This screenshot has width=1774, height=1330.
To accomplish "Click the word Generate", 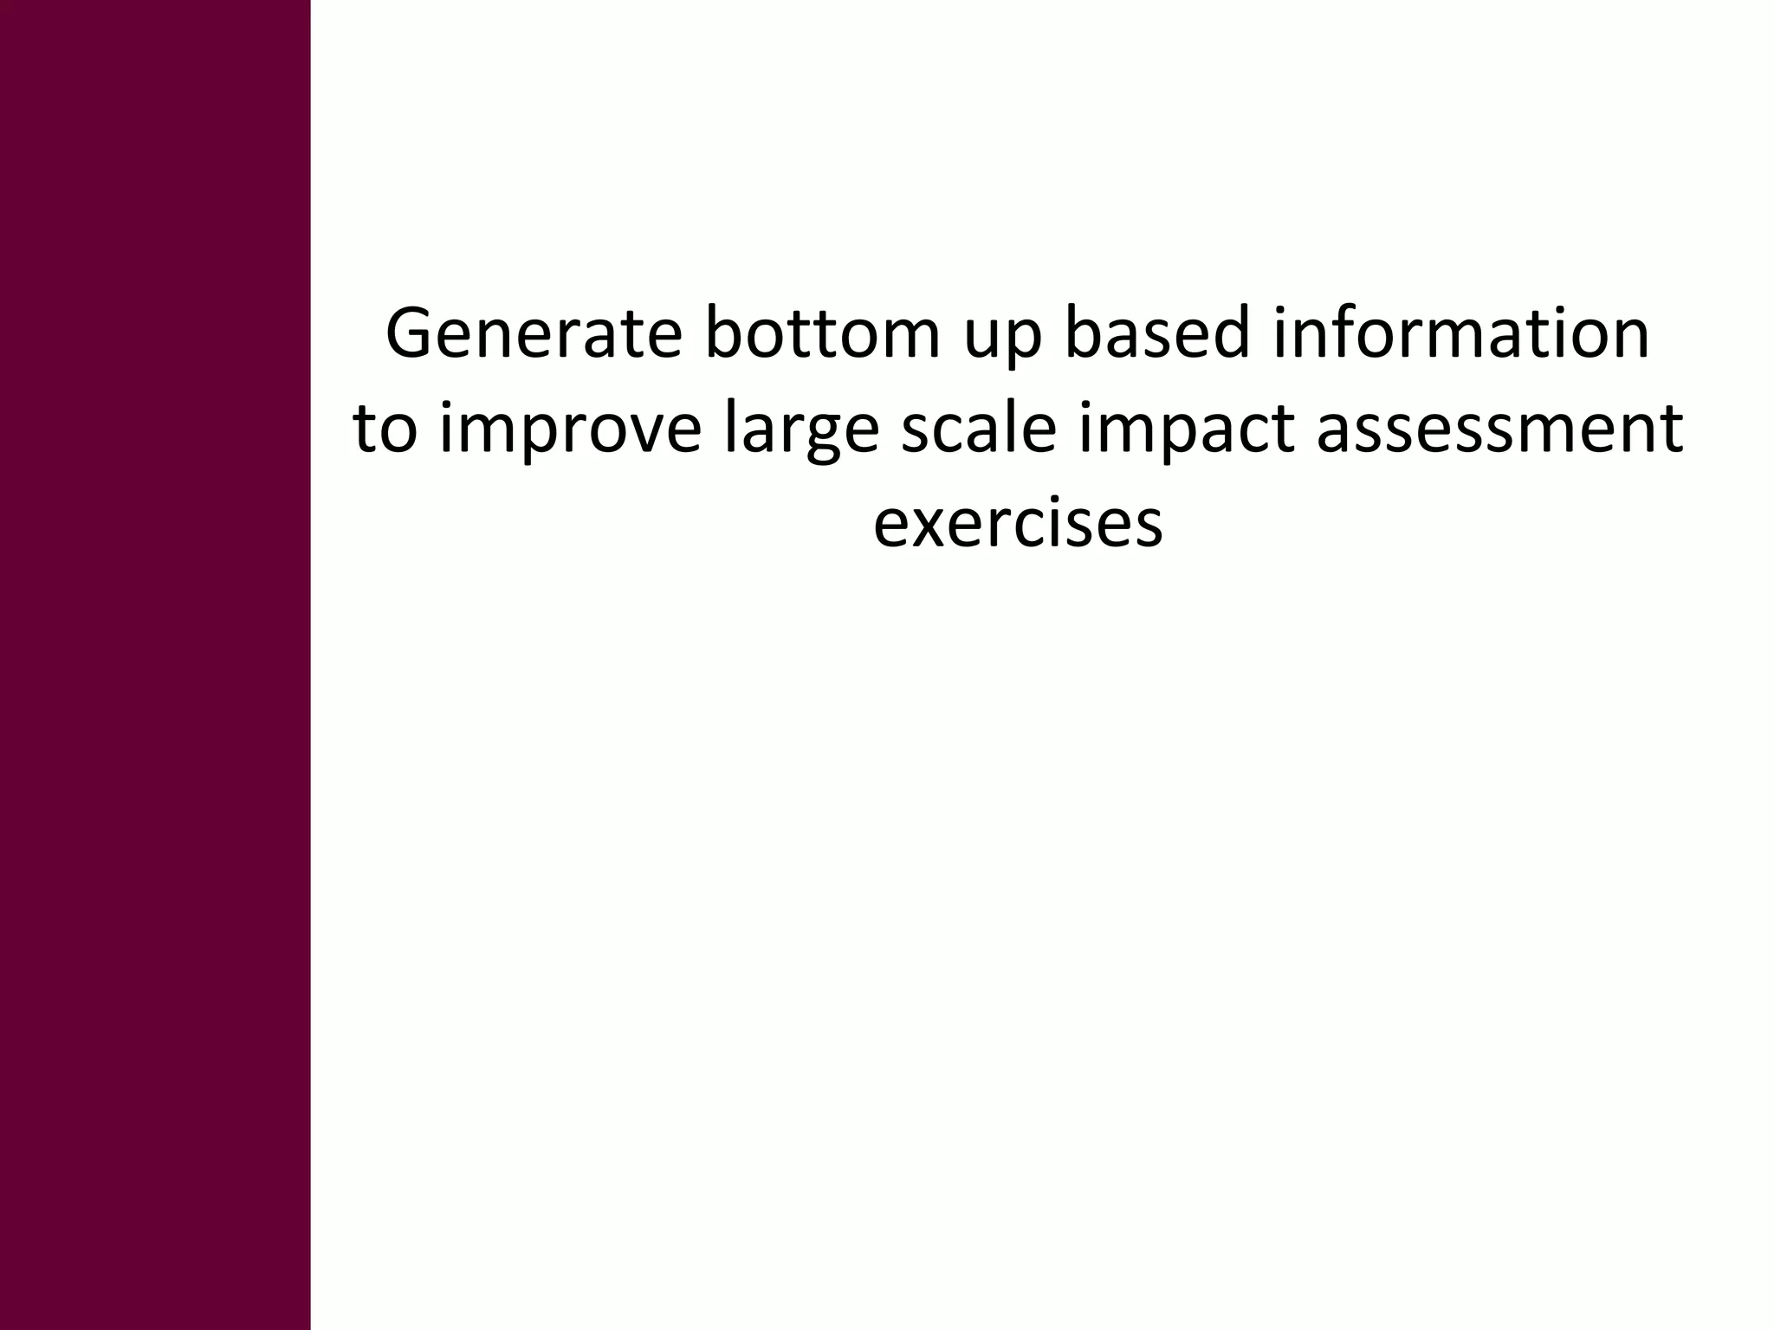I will coord(534,333).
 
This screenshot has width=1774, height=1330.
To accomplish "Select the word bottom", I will coord(823,333).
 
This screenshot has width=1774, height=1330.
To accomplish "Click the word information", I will coord(1460,333).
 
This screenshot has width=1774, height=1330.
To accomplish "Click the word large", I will coord(801,431).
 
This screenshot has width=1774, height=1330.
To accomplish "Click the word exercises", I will coord(1018,524).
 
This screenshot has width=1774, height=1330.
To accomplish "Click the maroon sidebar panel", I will coord(155,665).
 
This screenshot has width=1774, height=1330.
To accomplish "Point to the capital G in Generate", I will coord(411,333).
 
